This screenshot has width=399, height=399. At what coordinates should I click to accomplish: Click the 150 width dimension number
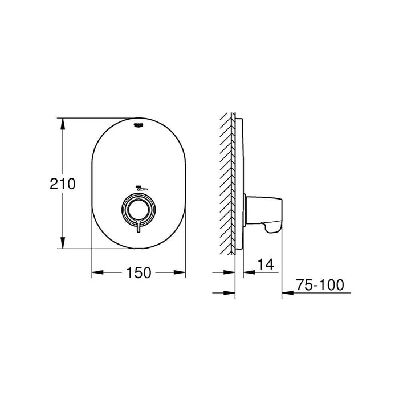tap(139, 273)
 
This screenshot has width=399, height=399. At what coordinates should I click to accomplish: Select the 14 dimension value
tap(266, 264)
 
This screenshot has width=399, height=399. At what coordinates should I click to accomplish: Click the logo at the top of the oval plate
tap(139, 125)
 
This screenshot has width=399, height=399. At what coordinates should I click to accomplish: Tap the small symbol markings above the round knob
tap(139, 188)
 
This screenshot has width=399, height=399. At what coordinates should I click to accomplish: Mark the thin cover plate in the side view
tap(240, 182)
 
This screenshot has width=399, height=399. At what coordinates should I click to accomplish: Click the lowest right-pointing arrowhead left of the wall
tap(230, 294)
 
